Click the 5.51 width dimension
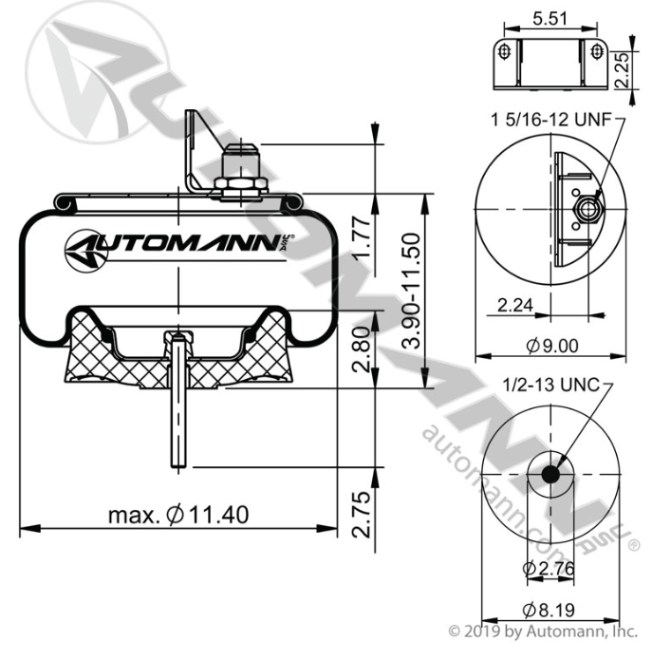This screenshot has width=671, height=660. coord(550,19)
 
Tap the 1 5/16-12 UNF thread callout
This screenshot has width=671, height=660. coord(551,120)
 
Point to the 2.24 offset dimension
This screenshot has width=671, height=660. coord(515,305)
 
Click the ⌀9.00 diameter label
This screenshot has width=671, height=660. coord(552,346)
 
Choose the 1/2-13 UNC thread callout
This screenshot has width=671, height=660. coord(552,385)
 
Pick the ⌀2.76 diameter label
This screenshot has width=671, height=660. coord(549,568)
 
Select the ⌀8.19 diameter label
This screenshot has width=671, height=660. coord(549,610)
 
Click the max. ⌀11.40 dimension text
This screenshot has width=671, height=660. coord(178,515)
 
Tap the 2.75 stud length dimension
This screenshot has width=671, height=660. coord(361,515)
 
